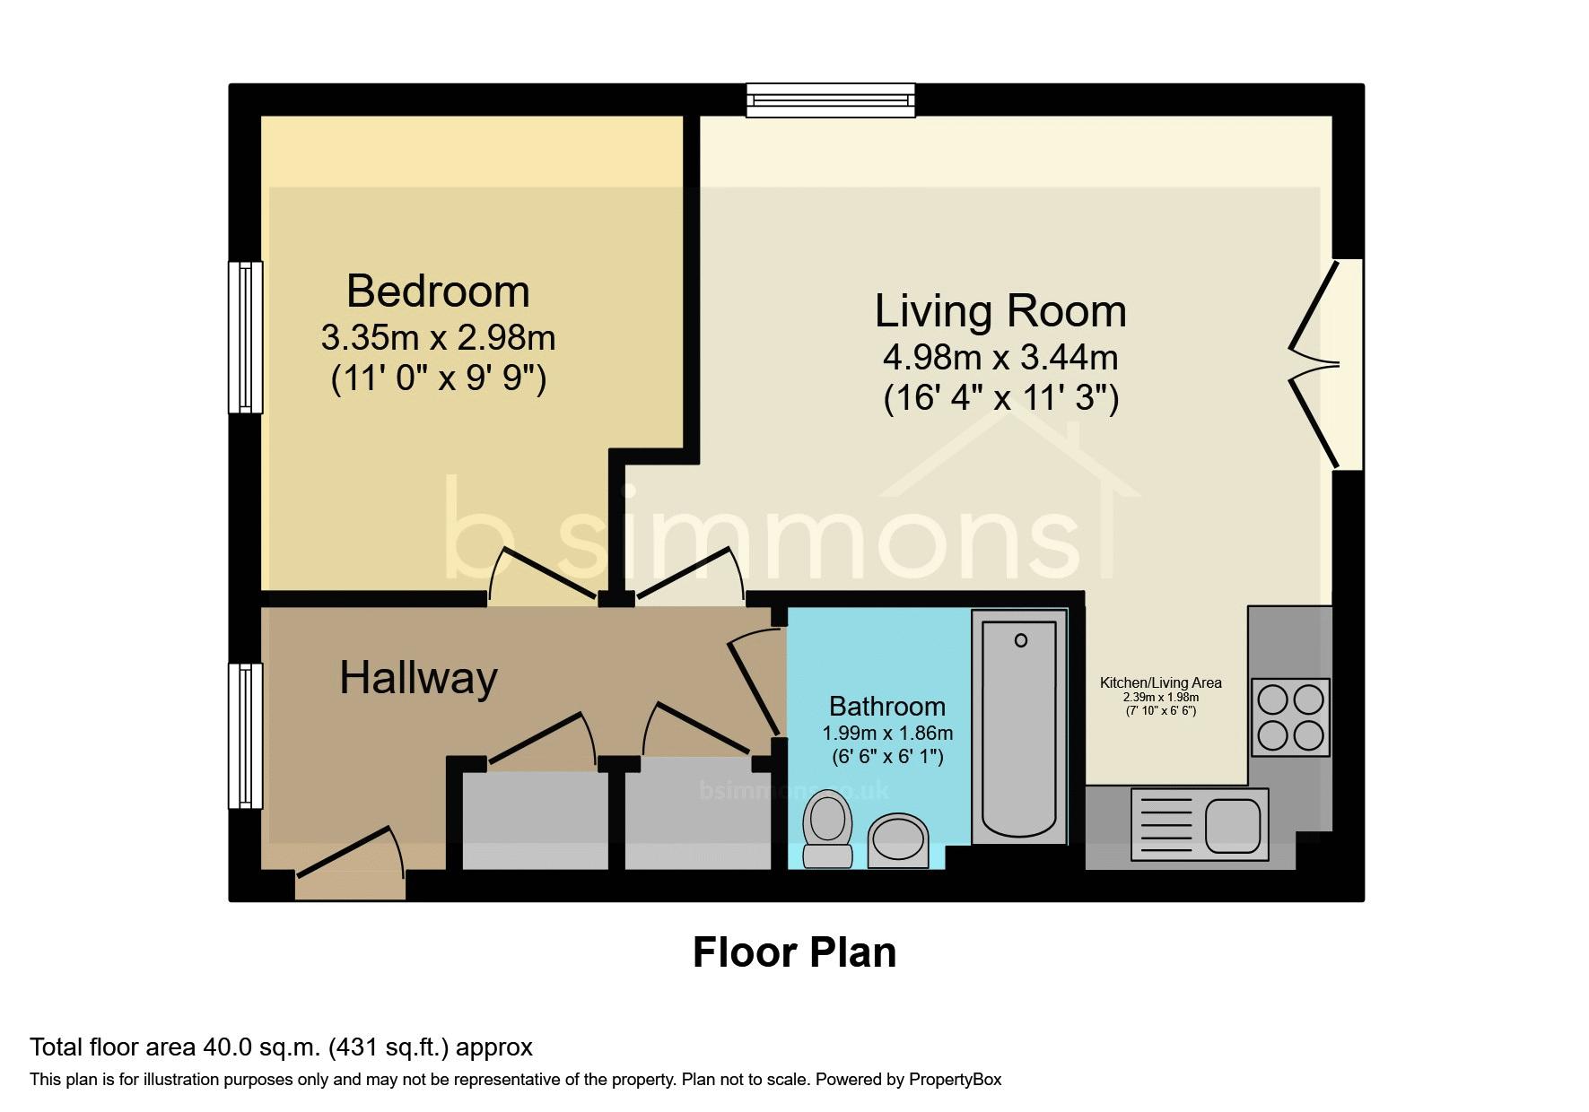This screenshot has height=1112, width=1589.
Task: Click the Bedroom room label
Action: click(x=438, y=291)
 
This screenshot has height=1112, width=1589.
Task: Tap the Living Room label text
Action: click(x=1000, y=311)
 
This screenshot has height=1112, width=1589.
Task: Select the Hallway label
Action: click(x=418, y=677)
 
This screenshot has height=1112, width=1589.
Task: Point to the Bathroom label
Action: click(x=887, y=706)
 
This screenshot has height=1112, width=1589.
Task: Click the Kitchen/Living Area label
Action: click(x=1161, y=682)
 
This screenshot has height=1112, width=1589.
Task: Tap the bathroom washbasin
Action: click(x=898, y=841)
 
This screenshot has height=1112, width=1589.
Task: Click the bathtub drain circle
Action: click(x=1021, y=640)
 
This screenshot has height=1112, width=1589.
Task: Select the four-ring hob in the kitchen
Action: click(x=1290, y=717)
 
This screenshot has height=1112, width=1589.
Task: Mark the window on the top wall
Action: click(x=831, y=100)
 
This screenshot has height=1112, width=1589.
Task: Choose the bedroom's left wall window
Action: click(x=245, y=337)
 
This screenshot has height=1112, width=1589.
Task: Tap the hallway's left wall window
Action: click(x=245, y=736)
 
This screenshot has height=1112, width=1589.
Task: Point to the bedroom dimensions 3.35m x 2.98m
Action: click(x=439, y=338)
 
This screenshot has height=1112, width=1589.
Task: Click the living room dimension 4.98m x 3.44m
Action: click(x=1000, y=358)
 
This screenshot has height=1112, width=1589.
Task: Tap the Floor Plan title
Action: click(x=794, y=952)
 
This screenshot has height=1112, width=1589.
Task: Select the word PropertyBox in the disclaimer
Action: click(x=955, y=1080)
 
